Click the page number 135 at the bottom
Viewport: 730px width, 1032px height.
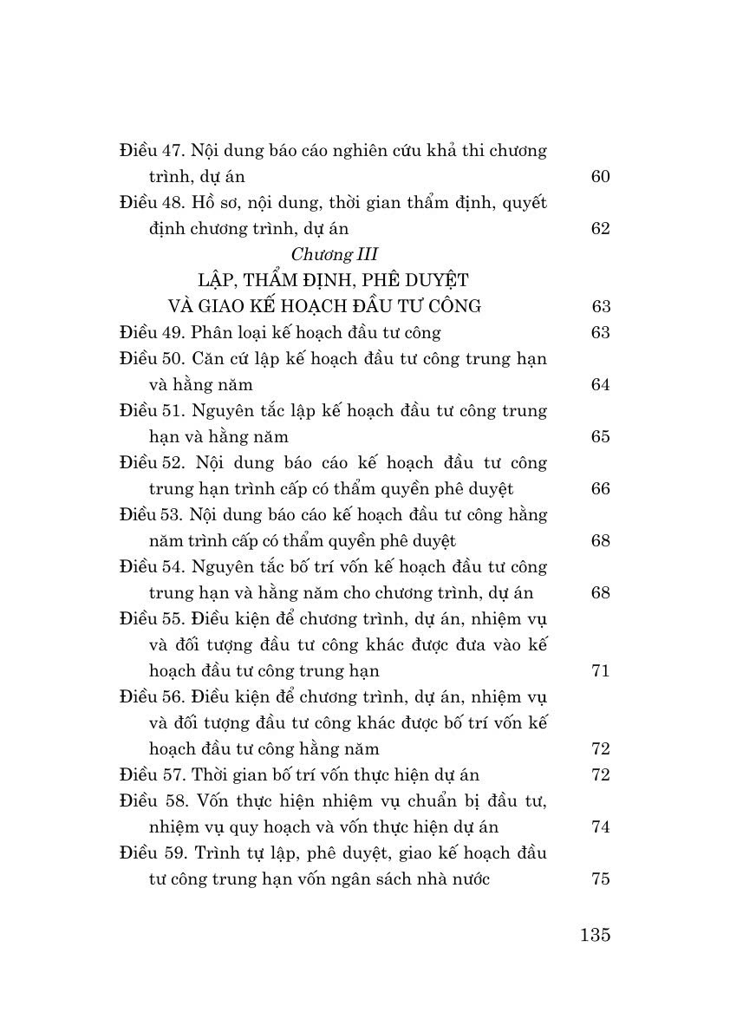[x=593, y=935]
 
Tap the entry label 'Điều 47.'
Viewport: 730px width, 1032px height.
[x=151, y=150]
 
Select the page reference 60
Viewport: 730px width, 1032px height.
[x=601, y=177]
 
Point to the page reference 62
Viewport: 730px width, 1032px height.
[x=601, y=229]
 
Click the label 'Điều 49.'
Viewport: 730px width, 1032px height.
[x=151, y=332]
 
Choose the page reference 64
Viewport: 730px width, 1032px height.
[x=601, y=385]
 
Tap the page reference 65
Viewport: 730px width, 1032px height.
[x=601, y=437]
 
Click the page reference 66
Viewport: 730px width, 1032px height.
[x=601, y=489]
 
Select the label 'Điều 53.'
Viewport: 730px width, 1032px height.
[x=151, y=514]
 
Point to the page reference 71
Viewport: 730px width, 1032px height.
[x=601, y=671]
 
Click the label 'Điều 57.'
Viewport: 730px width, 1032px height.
[x=151, y=774]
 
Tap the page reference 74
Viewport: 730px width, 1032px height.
[x=601, y=827]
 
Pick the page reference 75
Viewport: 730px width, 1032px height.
[x=601, y=879]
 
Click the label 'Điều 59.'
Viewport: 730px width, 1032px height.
[x=152, y=852]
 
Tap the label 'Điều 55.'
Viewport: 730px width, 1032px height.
[x=151, y=618]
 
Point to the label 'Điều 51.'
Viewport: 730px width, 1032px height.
[x=151, y=410]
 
